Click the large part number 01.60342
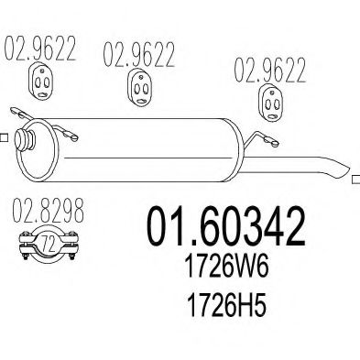[x=226, y=226]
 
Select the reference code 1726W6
[x=227, y=267]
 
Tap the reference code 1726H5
[x=226, y=305]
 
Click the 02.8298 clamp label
[x=48, y=210]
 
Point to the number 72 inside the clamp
[x=49, y=245]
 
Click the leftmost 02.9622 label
[x=39, y=49]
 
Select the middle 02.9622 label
[x=138, y=54]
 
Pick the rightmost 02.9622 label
[x=270, y=71]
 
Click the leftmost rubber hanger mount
[x=40, y=82]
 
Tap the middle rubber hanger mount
[x=139, y=88]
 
